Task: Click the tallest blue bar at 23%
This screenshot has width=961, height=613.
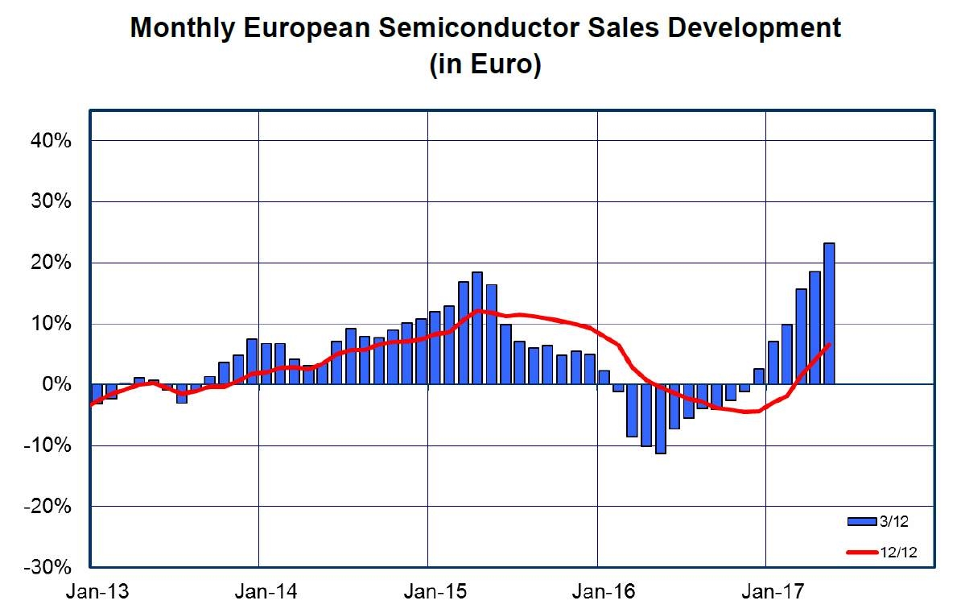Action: pos(828,313)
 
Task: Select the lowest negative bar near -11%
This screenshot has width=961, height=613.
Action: pos(661,419)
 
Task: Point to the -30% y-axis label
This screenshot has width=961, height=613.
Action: pos(50,567)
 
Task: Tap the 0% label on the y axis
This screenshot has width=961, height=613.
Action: pos(58,384)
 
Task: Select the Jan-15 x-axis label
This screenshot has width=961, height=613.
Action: pos(428,592)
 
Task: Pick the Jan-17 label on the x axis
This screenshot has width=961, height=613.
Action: pos(766,592)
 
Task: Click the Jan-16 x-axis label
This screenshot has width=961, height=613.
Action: pos(597,592)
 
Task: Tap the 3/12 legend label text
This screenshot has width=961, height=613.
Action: pos(895,521)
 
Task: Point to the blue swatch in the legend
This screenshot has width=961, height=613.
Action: pos(862,521)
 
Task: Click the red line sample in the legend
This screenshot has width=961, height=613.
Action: pos(862,552)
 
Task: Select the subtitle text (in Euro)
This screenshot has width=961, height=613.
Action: pos(485,64)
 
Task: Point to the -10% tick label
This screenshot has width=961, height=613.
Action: pos(50,445)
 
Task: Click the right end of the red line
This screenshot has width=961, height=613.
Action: pos(829,345)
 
